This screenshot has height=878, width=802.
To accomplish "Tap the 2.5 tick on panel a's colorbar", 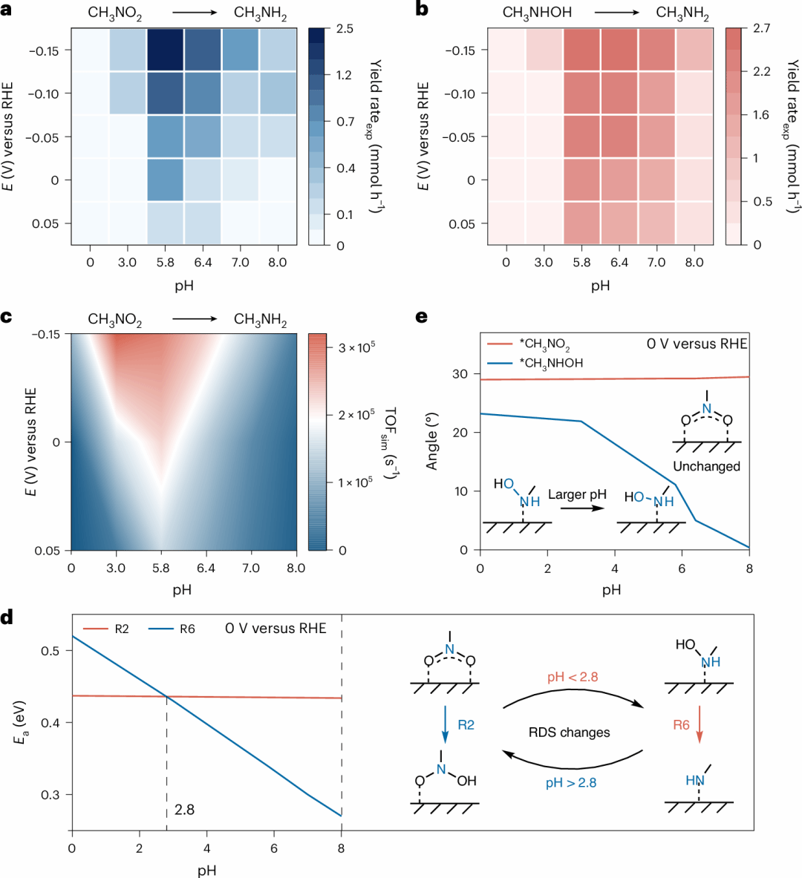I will [344, 29].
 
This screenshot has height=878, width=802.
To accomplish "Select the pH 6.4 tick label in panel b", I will [619, 262].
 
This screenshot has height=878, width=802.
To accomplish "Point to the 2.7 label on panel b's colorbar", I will [761, 28].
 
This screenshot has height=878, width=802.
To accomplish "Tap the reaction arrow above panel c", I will [195, 319].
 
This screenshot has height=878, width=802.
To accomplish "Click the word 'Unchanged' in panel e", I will [706, 466].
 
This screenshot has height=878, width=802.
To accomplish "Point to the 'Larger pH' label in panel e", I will [577, 494].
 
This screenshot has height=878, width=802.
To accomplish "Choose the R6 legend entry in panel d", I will [185, 629].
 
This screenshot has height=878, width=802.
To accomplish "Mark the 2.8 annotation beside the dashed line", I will [184, 810].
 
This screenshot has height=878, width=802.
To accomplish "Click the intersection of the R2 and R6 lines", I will [166, 696].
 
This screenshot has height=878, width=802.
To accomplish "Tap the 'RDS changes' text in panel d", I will [569, 732].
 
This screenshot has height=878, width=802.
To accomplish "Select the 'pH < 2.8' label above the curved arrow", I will [572, 677].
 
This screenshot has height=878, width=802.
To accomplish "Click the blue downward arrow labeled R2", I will [445, 724].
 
